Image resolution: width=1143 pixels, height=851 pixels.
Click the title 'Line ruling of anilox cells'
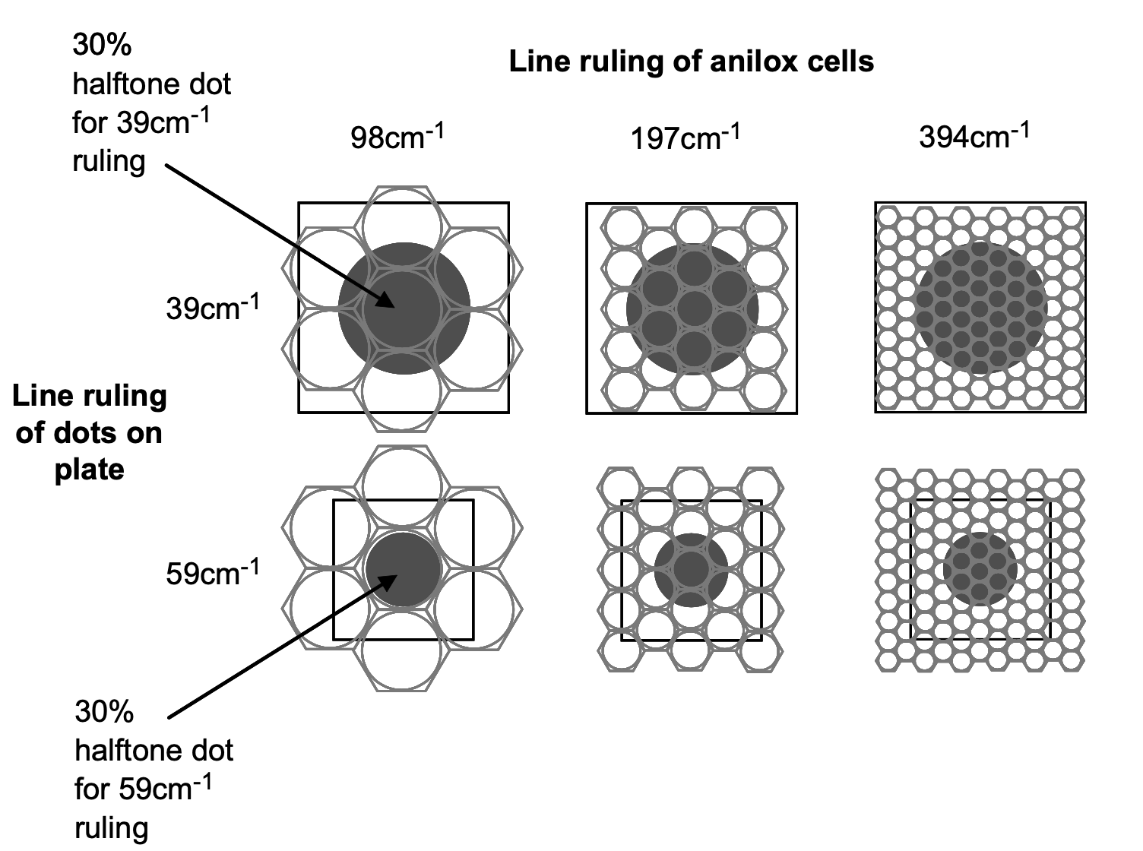[691, 62]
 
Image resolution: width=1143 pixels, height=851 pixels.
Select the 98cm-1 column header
[397, 137]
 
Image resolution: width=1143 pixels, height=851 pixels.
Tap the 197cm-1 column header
[685, 137]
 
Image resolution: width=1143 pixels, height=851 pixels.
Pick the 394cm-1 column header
[974, 136]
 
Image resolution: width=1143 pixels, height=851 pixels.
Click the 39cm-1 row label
[213, 308]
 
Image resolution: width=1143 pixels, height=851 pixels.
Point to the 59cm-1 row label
[213, 572]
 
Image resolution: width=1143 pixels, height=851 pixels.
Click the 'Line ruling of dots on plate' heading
[89, 432]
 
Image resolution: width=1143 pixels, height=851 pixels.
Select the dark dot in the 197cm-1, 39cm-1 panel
[692, 309]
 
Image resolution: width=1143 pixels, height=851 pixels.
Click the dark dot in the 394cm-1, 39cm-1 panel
[981, 308]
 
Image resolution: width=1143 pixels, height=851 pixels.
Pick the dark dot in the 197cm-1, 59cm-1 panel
[691, 570]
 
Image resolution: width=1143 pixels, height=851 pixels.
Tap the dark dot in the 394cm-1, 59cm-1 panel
[980, 569]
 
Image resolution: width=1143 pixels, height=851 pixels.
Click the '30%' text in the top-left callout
[102, 45]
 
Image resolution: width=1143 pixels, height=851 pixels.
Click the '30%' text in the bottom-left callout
[104, 712]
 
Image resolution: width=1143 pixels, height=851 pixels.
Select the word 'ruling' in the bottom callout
[111, 828]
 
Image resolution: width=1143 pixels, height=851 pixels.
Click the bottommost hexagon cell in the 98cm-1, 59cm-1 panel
[403, 650]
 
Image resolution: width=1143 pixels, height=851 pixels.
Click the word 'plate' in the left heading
[89, 470]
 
